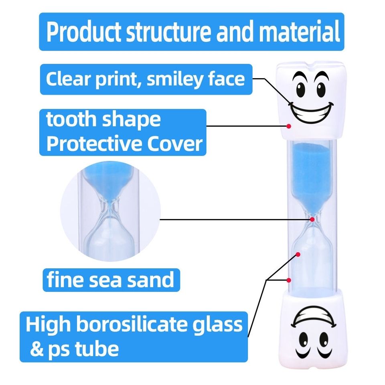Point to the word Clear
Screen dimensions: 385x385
(66, 79)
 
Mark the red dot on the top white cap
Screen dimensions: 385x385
(289, 126)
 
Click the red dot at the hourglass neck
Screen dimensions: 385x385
(312, 219)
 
